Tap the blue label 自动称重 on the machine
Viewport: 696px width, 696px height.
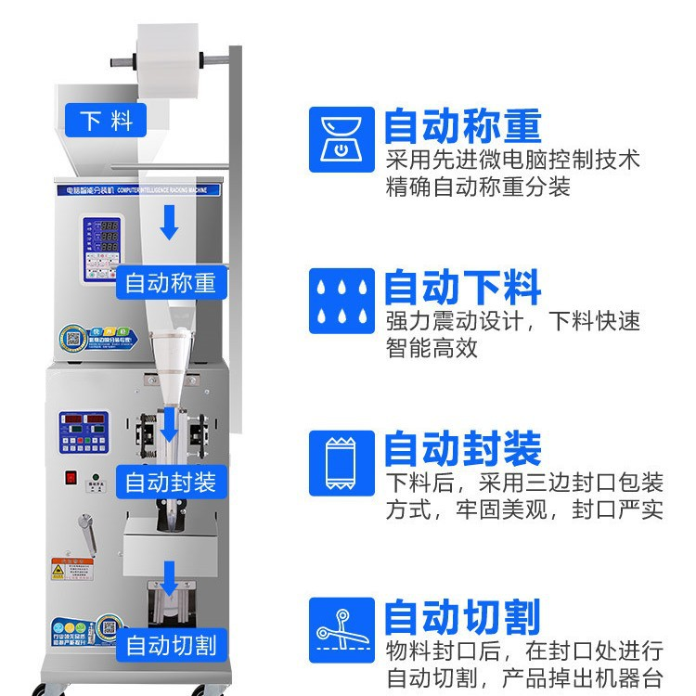170,282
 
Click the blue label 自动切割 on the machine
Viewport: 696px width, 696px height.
171,644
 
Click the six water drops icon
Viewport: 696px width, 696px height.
341,300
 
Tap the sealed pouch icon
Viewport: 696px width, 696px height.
341,461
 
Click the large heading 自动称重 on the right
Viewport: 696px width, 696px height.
462,124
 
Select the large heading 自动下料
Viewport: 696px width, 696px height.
462,287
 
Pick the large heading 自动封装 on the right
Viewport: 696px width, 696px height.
462,449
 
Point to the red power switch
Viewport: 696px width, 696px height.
69,478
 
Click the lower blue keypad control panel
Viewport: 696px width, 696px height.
84,432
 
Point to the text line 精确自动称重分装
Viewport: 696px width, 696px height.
478,187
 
